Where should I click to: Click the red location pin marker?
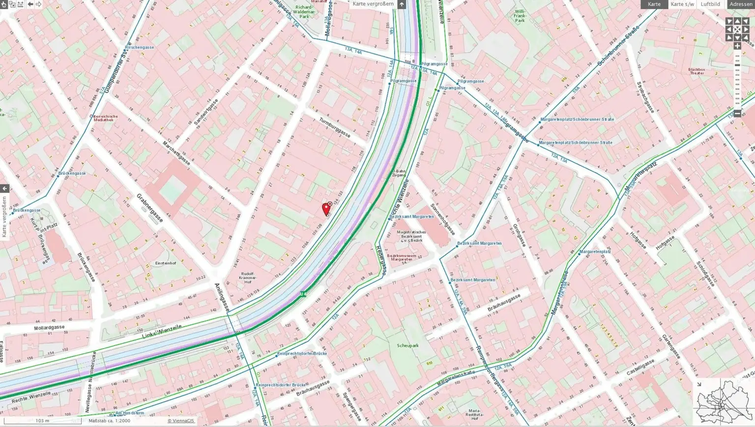[x=325, y=209]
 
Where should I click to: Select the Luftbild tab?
[x=710, y=4]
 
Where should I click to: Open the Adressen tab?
[x=740, y=4]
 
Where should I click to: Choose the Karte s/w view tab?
[x=682, y=4]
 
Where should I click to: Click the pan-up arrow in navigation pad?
[x=737, y=21]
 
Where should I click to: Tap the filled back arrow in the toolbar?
[x=30, y=4]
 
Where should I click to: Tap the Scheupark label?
[x=407, y=346]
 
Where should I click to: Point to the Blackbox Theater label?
[x=697, y=71]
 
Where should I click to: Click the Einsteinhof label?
[x=166, y=263]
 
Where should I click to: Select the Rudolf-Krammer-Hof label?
[x=248, y=278]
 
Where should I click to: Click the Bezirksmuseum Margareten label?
[x=402, y=257]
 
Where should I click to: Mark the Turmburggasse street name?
[x=335, y=127]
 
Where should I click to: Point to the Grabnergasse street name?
[x=149, y=208]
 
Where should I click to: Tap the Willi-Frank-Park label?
[x=520, y=16]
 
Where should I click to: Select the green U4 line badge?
[x=303, y=294]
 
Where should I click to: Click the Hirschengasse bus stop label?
[x=140, y=48]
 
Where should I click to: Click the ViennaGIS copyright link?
[x=181, y=421]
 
